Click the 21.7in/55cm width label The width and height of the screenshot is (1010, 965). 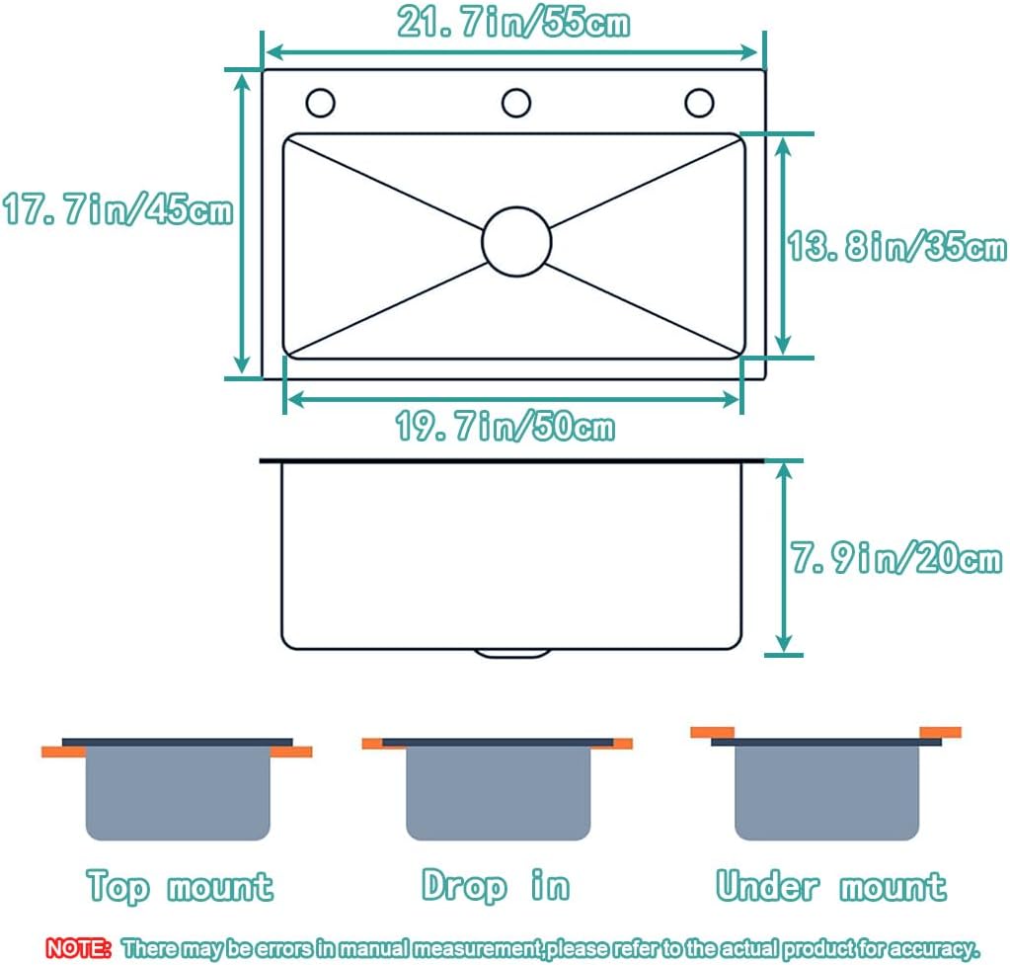pos(513,22)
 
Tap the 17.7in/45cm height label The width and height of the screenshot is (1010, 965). pos(117,209)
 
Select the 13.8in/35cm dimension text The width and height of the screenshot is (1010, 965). pos(896,246)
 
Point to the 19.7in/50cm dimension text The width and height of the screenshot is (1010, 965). pos(505,426)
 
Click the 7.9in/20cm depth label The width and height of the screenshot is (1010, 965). pos(896,558)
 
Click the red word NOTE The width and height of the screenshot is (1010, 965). pos(78,947)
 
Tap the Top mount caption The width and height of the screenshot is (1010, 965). pos(180,886)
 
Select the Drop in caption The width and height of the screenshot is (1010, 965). pos(496,885)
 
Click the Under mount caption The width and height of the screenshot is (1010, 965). pos(831,885)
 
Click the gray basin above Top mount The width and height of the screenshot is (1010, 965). pos(178,793)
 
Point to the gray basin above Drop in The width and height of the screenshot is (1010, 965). pos(498,793)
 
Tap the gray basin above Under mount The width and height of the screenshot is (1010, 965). pos(826,793)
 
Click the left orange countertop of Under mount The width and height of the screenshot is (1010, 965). pos(713,732)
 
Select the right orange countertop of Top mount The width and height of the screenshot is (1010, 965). pos(291,752)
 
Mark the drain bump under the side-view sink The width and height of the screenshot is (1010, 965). pos(512,654)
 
